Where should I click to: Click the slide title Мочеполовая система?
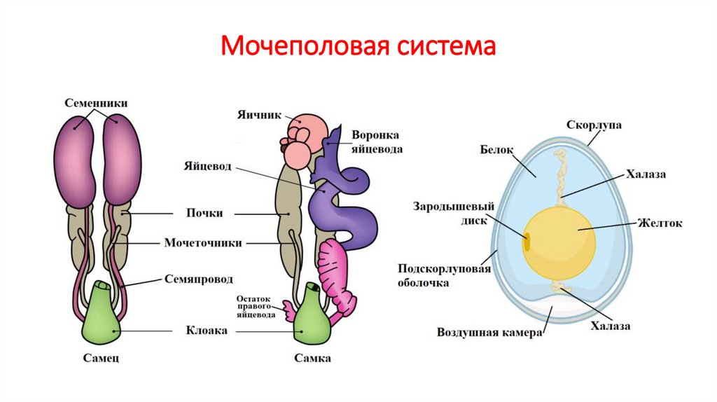coord(358,47)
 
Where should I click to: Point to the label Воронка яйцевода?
coord(377,141)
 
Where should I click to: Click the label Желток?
coord(659,223)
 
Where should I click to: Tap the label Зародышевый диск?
coord(454,212)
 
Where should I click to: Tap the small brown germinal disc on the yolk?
coord(527,242)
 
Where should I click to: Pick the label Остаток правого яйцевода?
coord(256,307)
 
